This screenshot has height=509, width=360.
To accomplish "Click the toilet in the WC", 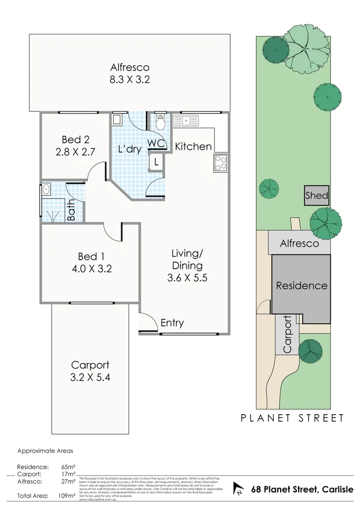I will point(160,123).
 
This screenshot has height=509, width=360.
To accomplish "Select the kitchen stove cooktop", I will point(220,162).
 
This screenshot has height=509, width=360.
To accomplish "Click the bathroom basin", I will point(46,190).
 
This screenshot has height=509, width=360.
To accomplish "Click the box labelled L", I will point(156,161).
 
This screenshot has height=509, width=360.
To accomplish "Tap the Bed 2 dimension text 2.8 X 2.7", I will point(75,152).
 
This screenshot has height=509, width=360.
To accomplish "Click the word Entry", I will point(172,323).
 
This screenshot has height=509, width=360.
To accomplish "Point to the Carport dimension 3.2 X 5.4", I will point(90,377).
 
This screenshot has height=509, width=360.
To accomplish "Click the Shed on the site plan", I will point(316,196).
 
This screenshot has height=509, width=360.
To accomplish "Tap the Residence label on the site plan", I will point(301,285).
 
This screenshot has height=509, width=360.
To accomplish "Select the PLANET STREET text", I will point(292,418).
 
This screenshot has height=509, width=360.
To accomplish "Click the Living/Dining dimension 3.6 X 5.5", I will point(187,278).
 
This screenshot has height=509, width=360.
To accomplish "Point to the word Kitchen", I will point(193,146).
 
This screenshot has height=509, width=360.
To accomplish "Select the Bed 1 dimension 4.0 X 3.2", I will point(90,269).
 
